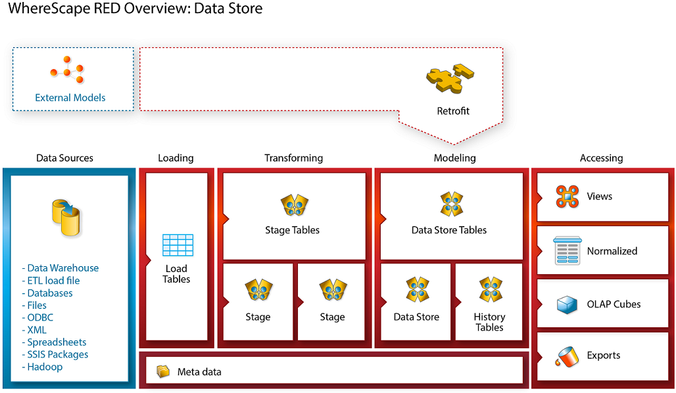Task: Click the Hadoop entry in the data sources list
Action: click(x=45, y=367)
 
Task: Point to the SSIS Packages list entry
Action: click(x=57, y=354)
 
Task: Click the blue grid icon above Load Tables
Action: click(x=177, y=245)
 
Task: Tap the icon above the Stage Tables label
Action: click(x=295, y=205)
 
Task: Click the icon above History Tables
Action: click(x=490, y=290)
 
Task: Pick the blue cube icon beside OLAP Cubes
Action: click(x=566, y=304)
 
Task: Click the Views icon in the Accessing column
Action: click(x=566, y=196)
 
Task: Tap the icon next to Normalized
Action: click(x=566, y=250)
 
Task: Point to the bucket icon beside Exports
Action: click(x=566, y=356)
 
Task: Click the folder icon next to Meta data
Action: click(x=163, y=372)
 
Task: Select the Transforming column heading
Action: click(x=293, y=158)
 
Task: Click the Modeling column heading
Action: click(x=454, y=158)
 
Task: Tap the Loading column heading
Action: click(x=176, y=158)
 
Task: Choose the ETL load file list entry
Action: click(x=53, y=281)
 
